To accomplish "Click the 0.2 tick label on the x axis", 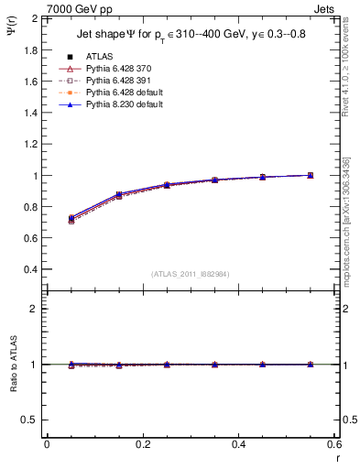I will coord(142,443).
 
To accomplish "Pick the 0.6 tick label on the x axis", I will coord(334,443).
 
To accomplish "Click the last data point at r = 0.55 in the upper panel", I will coord(311,175).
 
